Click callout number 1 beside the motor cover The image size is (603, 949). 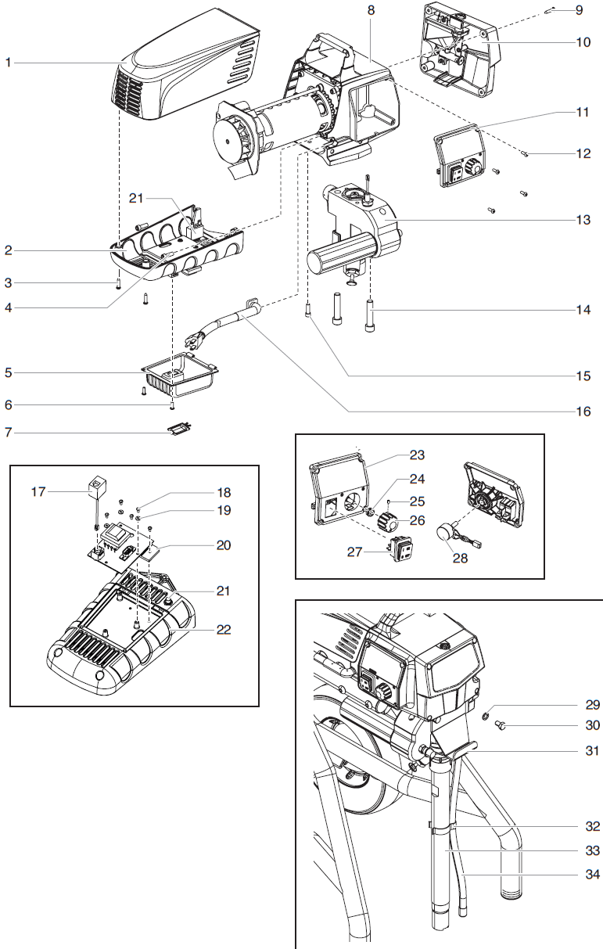[8, 62]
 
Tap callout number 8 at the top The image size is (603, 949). [371, 10]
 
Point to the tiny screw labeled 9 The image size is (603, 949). [551, 10]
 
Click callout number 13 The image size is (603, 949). [582, 221]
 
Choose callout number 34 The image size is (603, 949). [592, 875]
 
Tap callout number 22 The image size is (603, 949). [224, 630]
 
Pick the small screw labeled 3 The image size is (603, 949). [118, 284]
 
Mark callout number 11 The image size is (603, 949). [582, 113]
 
